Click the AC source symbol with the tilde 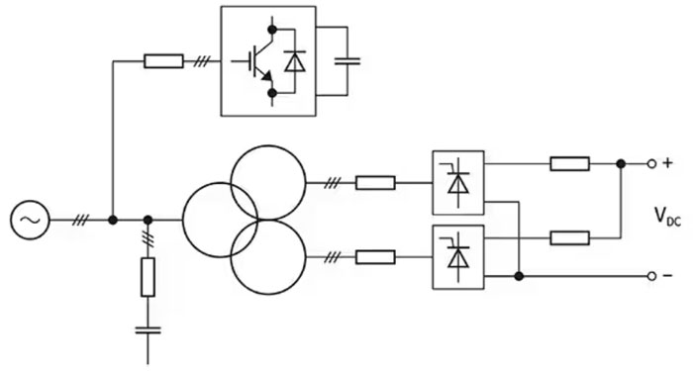tap(30, 220)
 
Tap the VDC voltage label tap(667, 216)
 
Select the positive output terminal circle tap(651, 164)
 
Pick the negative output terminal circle tap(651, 276)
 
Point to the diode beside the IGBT tap(294, 61)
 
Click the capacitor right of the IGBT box tap(346, 61)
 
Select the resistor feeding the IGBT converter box tap(163, 61)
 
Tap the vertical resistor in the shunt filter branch tap(148, 277)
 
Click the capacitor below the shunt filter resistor tap(148, 329)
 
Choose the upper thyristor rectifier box tap(457, 183)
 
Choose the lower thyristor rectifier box tap(457, 257)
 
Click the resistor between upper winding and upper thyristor tap(375, 183)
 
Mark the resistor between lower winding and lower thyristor tap(375, 257)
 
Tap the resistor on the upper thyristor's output tap(569, 164)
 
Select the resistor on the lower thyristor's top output tap(569, 238)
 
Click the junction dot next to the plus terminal tap(621, 164)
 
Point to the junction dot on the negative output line tap(520, 276)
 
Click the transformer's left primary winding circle tap(182, 220)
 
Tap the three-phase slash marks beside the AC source tap(80, 220)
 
